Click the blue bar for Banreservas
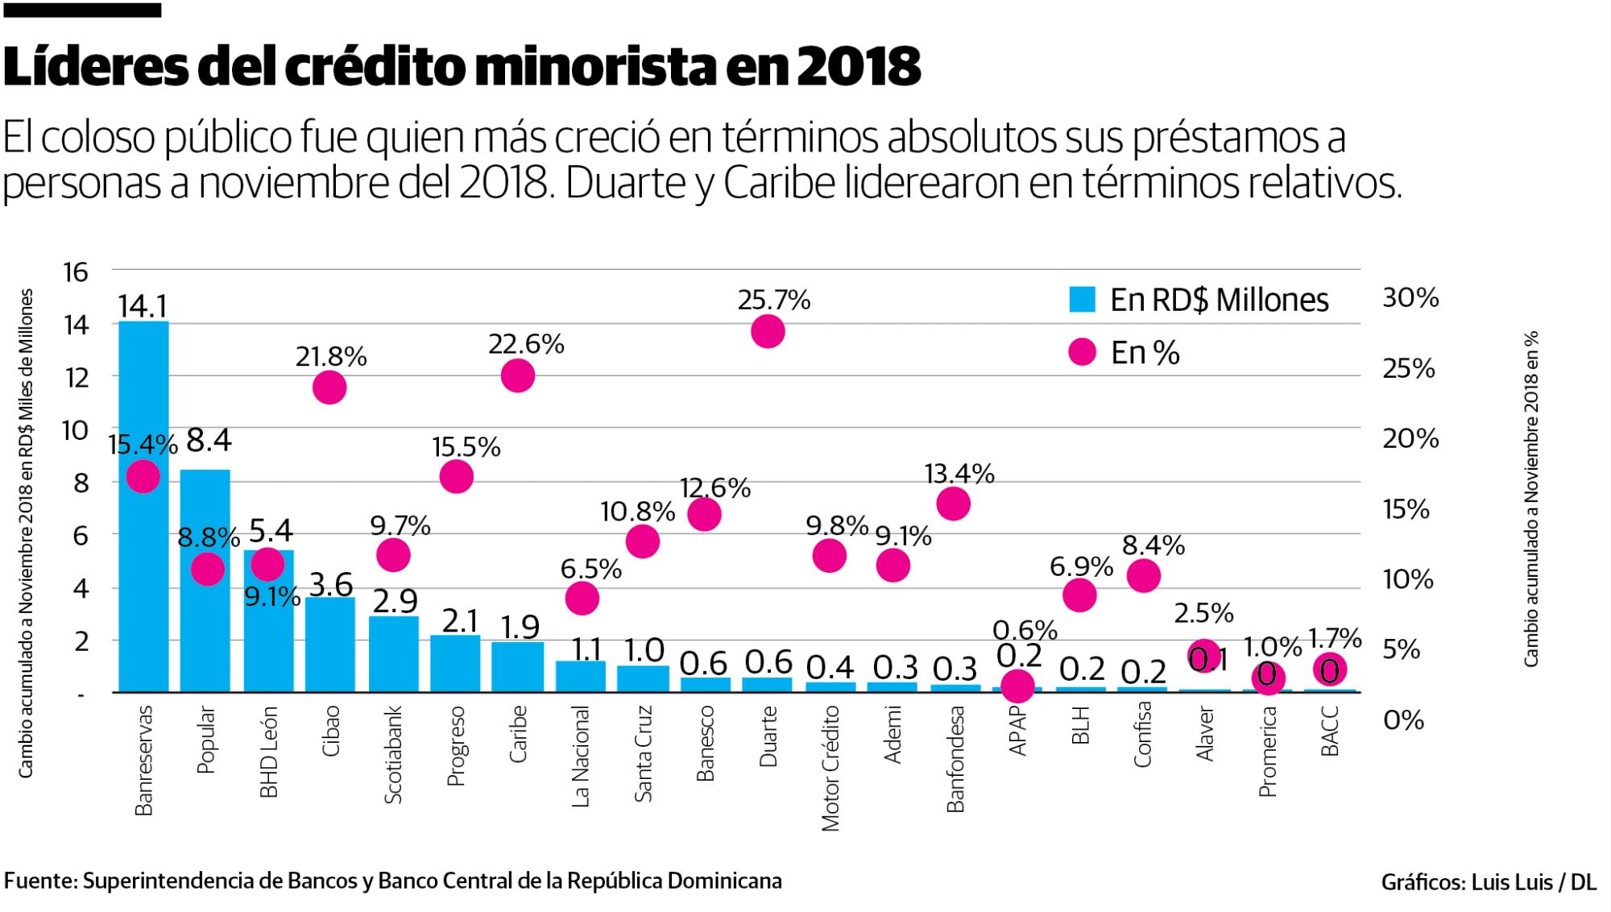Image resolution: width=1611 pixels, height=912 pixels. coord(143,564)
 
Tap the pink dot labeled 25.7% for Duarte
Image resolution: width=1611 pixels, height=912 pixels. coord(768,331)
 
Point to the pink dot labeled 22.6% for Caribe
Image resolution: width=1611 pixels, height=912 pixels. coord(518,375)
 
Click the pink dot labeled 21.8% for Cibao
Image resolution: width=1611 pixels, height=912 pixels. coord(329,388)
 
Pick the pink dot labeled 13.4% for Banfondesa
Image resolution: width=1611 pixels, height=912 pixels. coord(953,504)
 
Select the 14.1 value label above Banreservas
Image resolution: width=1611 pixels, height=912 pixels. coord(143,306)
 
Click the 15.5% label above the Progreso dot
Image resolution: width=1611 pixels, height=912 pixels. coord(466,446)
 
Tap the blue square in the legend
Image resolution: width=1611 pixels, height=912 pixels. coord(1082,300)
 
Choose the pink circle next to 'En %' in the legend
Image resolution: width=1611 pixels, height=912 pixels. coord(1082,352)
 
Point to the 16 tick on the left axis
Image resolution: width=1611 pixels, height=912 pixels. coord(75,272)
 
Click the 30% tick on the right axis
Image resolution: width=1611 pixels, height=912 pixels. coord(1410,298)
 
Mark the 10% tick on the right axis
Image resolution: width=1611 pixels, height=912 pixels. coord(1408,578)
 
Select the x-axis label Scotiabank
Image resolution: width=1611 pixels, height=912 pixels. coord(393,755)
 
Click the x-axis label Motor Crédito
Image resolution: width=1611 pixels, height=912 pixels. coord(830,768)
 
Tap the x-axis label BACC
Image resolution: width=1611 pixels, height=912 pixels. coord(1330,731)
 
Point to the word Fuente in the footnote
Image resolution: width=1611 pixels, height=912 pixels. coord(39,881)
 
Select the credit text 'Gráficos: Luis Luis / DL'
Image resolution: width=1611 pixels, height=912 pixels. coord(1489,882)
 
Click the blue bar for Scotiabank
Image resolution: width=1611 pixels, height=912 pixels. coord(393,654)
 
